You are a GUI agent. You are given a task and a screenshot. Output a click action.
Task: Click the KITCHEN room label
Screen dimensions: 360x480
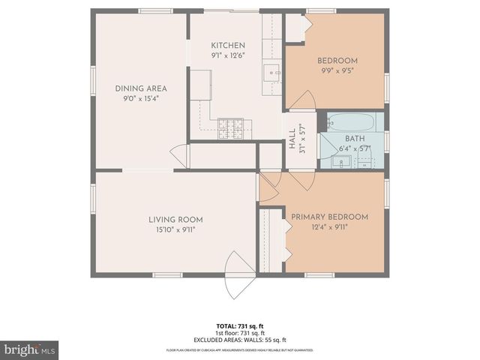point(228,45)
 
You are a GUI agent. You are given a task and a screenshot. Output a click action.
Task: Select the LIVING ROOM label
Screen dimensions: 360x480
point(175,220)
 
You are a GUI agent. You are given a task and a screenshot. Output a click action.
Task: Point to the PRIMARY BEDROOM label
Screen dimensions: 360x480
point(329,217)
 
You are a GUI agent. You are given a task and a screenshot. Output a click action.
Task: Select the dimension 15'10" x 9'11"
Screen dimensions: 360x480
point(175,230)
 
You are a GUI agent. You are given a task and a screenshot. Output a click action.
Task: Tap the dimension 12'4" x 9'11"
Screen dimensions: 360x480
point(329,227)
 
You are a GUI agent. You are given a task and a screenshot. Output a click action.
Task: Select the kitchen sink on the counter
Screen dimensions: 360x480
point(271,73)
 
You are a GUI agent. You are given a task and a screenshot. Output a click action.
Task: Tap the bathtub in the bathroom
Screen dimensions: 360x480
point(354,121)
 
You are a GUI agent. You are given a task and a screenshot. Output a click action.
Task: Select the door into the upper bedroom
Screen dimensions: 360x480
point(303,101)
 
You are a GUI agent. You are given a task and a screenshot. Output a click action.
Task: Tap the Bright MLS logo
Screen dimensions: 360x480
point(30,349)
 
